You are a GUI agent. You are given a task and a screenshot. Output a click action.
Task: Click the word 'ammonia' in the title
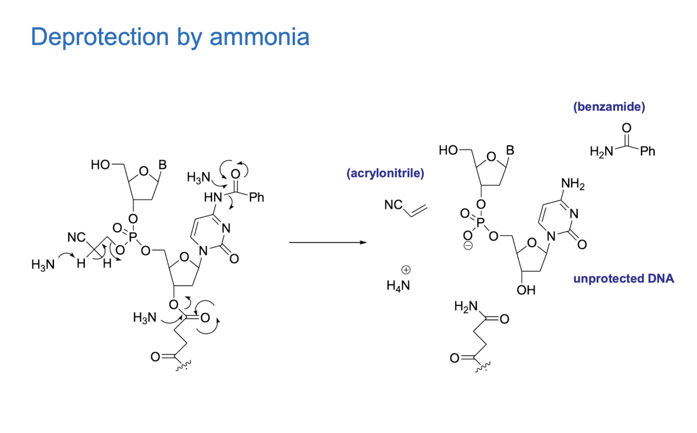click(260, 37)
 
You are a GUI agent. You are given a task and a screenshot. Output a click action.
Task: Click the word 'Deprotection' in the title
click(100, 37)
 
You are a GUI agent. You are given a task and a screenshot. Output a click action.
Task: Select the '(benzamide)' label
click(609, 107)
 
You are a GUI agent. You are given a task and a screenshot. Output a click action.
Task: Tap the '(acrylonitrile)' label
click(385, 173)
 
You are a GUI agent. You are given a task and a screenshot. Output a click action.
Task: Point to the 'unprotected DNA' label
click(623, 279)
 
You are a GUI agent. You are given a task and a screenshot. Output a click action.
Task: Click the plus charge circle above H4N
click(406, 270)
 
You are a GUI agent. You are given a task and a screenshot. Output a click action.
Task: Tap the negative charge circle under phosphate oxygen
click(468, 246)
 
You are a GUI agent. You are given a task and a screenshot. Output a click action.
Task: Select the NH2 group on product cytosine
click(573, 184)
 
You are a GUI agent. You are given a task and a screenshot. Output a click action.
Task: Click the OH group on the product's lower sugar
click(526, 290)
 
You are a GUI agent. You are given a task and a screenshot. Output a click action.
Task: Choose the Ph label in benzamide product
click(647, 152)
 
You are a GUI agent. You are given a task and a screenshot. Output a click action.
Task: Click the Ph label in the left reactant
click(257, 197)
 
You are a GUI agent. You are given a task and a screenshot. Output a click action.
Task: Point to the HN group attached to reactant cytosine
click(213, 197)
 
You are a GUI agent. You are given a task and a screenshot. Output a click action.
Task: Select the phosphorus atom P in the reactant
click(133, 237)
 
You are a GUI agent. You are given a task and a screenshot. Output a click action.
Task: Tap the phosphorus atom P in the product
click(481, 222)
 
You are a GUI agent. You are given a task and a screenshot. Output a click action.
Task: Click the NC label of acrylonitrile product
click(393, 205)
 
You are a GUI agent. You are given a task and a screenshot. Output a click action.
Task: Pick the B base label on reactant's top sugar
click(162, 165)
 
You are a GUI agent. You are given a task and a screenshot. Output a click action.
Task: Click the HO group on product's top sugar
click(448, 151)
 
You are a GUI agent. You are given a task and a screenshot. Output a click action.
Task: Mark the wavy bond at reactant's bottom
click(183, 366)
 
